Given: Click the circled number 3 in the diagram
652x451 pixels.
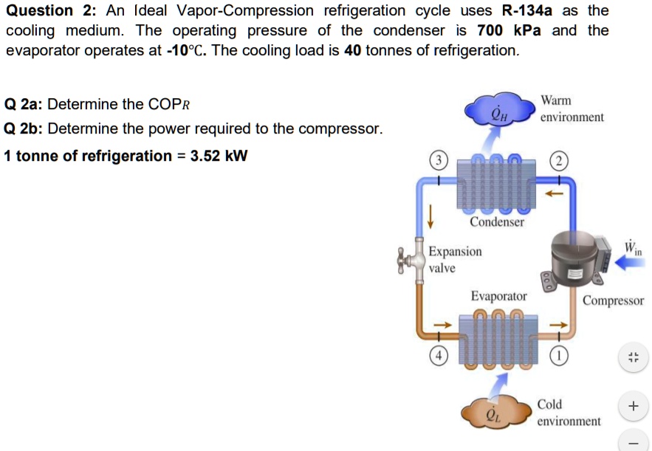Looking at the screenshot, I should click(x=439, y=161).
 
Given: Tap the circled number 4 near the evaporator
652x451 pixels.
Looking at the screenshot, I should click(x=439, y=353).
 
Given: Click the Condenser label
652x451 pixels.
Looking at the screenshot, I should click(x=497, y=221).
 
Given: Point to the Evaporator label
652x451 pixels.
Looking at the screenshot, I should click(x=499, y=296).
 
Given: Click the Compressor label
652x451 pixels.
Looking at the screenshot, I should click(x=613, y=300).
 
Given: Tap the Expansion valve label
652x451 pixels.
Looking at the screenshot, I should click(x=455, y=259).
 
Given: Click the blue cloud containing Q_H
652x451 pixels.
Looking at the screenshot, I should click(x=498, y=111).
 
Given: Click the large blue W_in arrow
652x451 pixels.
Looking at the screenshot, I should click(x=631, y=263).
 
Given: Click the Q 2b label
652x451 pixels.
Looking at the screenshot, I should click(x=22, y=129).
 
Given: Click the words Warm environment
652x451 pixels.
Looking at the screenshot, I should click(x=572, y=109).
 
